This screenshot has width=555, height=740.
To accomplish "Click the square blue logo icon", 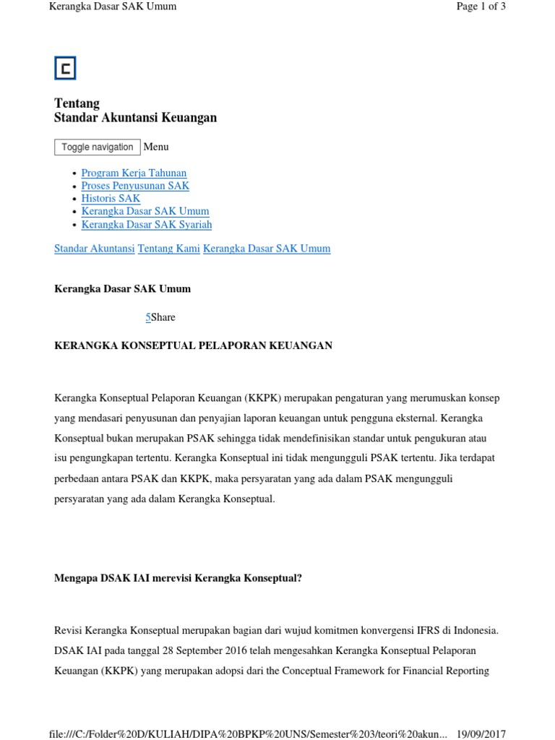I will (x=65, y=68).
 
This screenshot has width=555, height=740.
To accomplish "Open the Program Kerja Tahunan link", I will (x=134, y=173).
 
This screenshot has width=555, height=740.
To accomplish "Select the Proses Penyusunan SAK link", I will (x=135, y=186).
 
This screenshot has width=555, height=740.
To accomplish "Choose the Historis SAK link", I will (x=111, y=199).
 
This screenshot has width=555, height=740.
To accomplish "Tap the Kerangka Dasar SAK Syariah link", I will (x=147, y=225).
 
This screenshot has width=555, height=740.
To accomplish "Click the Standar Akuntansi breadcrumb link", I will (x=95, y=249).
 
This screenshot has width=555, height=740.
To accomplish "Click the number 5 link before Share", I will (x=148, y=317).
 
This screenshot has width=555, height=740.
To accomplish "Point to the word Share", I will (x=163, y=317).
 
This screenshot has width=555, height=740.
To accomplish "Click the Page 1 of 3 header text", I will (x=481, y=7).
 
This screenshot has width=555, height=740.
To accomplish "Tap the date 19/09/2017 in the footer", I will (x=481, y=733).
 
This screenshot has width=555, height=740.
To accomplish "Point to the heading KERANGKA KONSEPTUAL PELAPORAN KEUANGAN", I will (x=194, y=345).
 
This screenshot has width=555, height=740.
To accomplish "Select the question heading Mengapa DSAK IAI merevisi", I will (x=178, y=578).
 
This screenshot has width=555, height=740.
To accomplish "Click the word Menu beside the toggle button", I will (x=156, y=147).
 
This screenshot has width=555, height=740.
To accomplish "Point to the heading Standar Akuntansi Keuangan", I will (x=136, y=118).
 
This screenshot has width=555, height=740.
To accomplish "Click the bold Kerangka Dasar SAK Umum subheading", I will (x=123, y=289).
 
